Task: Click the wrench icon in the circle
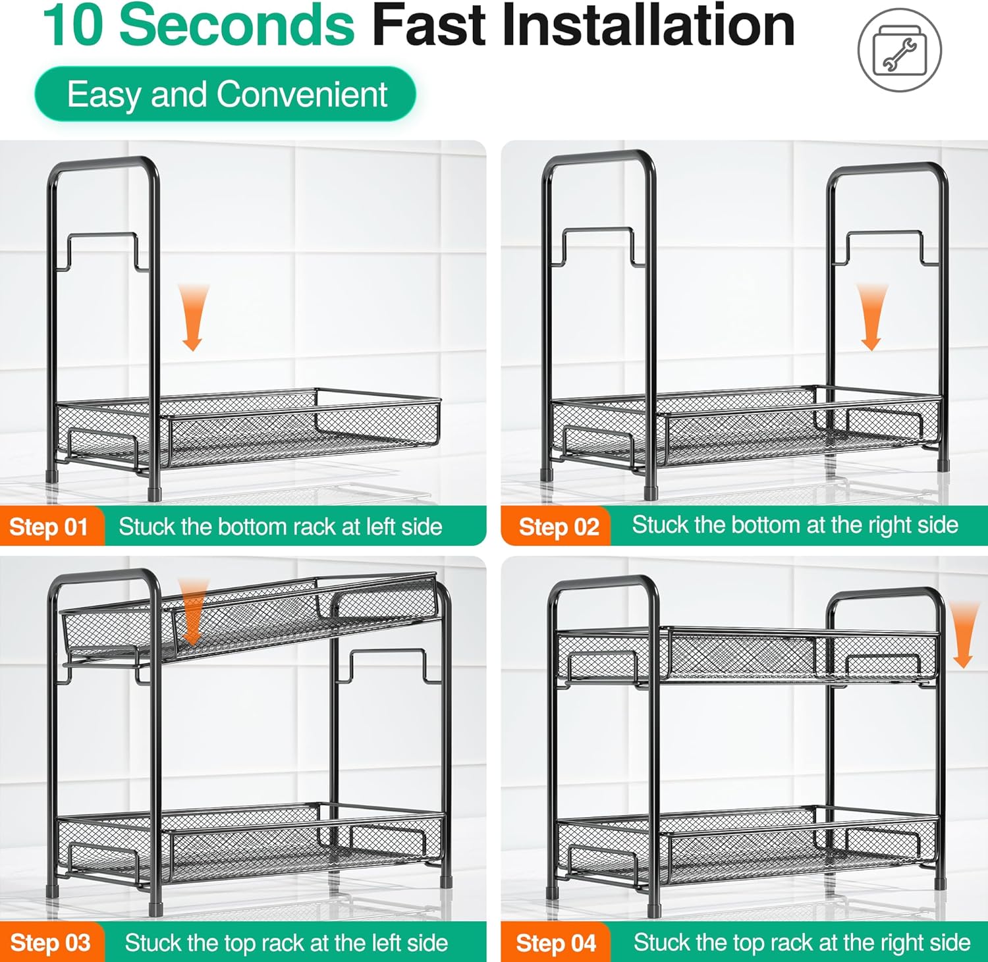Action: (899, 51)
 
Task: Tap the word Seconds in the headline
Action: (236, 26)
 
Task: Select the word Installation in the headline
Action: (648, 26)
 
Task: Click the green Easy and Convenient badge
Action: (225, 94)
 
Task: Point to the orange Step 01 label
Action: (52, 526)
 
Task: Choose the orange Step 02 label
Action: (557, 526)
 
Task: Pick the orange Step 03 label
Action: (52, 942)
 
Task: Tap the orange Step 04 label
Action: (556, 942)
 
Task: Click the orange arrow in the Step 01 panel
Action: (193, 317)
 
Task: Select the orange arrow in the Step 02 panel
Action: (871, 317)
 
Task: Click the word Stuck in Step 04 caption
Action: (661, 942)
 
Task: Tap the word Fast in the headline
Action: (430, 26)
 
